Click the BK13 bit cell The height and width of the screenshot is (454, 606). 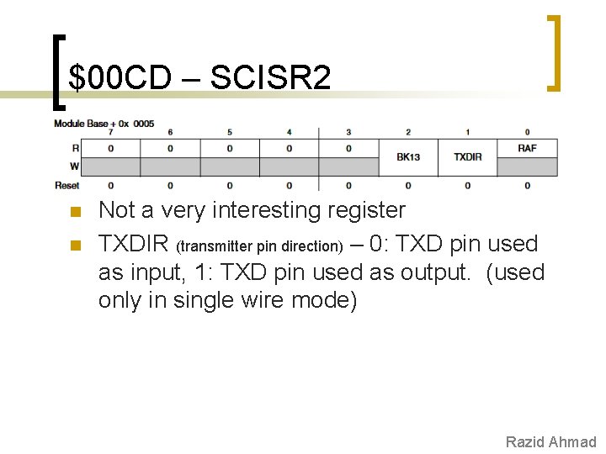click(408, 157)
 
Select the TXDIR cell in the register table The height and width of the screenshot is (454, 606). click(468, 157)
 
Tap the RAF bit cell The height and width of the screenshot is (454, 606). click(528, 148)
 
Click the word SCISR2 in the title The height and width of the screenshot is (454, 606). click(270, 78)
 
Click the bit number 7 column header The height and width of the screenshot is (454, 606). click(111, 132)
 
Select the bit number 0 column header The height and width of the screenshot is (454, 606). click(528, 132)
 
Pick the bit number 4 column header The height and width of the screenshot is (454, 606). click(290, 132)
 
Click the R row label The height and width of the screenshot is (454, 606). click(76, 148)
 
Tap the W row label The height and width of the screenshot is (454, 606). click(75, 166)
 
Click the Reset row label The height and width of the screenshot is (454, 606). click(67, 185)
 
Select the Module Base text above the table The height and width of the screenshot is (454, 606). click(84, 124)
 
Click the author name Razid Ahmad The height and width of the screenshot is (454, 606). click(550, 441)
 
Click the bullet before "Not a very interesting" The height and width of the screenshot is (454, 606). click(74, 211)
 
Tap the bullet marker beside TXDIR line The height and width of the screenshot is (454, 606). click(74, 245)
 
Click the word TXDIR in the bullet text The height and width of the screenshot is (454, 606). click(133, 245)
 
